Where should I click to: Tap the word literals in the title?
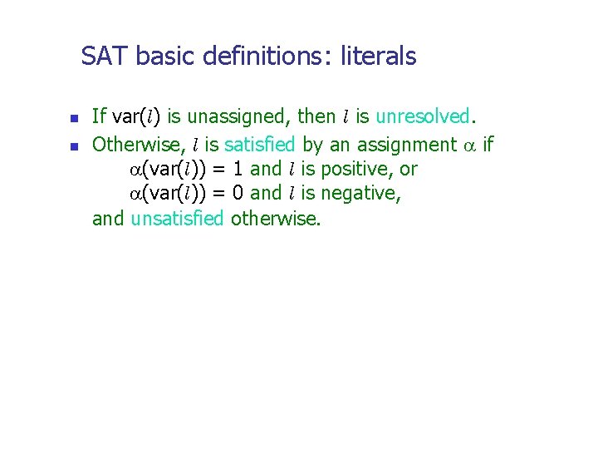(x=378, y=57)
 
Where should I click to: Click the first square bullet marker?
(x=72, y=118)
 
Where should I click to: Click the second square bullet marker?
(x=72, y=146)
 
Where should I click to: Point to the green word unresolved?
(x=423, y=116)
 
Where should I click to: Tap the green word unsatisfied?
(x=177, y=220)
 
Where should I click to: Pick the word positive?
(x=359, y=170)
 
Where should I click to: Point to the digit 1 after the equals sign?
(x=238, y=170)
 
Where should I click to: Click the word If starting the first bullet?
(x=98, y=116)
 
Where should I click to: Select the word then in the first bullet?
(x=316, y=116)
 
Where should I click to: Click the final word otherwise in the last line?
(x=275, y=220)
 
